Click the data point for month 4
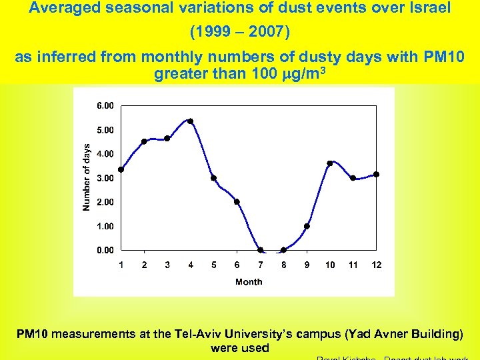coord(191,121)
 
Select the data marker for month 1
coord(121,169)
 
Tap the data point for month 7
coord(261,251)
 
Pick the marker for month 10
coord(330,163)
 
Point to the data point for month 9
coord(307,226)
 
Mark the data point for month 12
coord(377,175)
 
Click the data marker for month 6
coord(237,202)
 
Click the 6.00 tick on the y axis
coord(105,105)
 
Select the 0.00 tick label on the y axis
coord(105,251)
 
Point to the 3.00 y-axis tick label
coord(105,178)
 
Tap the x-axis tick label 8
coord(283,265)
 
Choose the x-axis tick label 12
coord(377,265)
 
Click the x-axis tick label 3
coord(167,265)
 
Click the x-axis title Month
coord(249,282)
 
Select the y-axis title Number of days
coord(86,177)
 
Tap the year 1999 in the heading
coord(210,32)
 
